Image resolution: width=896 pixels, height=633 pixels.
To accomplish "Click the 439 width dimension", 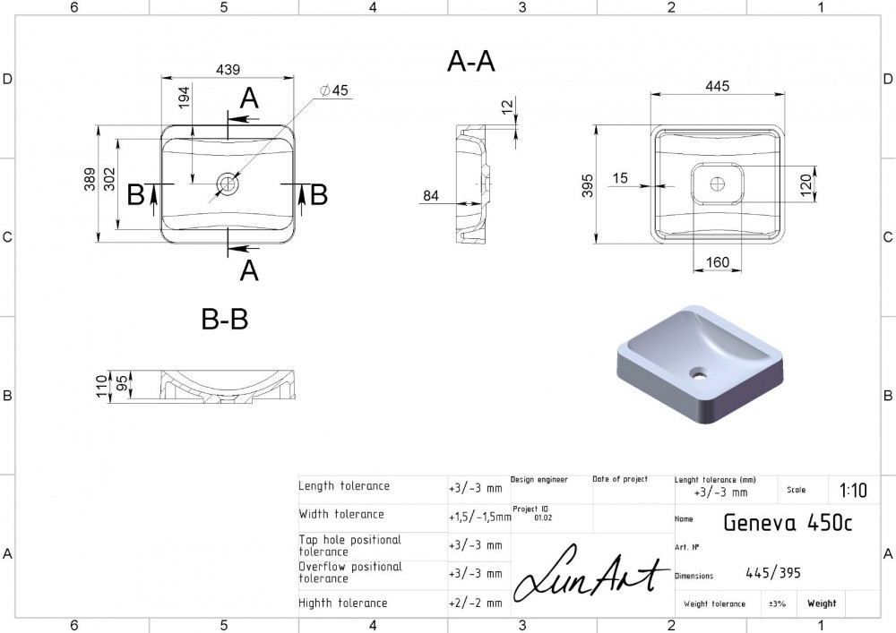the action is pyautogui.click(x=228, y=70).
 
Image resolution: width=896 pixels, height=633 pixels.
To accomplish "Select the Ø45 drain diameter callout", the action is pyautogui.click(x=334, y=90).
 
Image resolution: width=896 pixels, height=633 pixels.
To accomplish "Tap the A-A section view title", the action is pyautogui.click(x=471, y=61).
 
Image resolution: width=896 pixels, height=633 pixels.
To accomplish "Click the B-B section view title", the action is pyautogui.click(x=225, y=319).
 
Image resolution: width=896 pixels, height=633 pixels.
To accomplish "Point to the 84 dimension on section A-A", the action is pyautogui.click(x=431, y=196).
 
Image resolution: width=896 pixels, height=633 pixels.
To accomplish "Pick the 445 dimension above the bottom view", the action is pyautogui.click(x=717, y=86).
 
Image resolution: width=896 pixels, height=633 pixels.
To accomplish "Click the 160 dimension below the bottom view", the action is pyautogui.click(x=717, y=262).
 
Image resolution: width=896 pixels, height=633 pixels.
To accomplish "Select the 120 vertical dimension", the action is pyautogui.click(x=806, y=185).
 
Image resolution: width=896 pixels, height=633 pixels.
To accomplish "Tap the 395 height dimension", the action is pyautogui.click(x=588, y=185).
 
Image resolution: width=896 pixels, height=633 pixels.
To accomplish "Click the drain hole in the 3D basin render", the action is pyautogui.click(x=698, y=374).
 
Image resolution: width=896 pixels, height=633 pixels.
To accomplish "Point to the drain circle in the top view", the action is pyautogui.click(x=228, y=184).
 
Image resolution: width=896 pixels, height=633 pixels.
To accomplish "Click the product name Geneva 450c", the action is pyautogui.click(x=788, y=522).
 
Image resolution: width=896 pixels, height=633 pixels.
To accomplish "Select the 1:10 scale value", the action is pyautogui.click(x=853, y=491).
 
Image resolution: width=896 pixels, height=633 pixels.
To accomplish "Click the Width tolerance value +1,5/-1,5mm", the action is pyautogui.click(x=479, y=518).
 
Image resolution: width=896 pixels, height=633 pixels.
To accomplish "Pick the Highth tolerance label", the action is pyautogui.click(x=343, y=603).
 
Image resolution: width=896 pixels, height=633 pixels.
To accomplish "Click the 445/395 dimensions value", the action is pyautogui.click(x=773, y=572).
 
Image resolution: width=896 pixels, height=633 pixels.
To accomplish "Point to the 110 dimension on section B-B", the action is pyautogui.click(x=102, y=387).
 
